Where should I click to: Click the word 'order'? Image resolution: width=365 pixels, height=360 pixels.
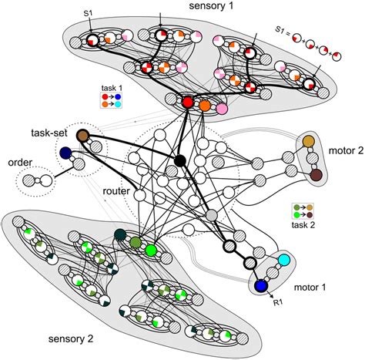click(19, 163)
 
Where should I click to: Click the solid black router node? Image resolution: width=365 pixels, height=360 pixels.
click(180, 160)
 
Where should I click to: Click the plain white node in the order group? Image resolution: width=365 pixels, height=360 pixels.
click(47, 183)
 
